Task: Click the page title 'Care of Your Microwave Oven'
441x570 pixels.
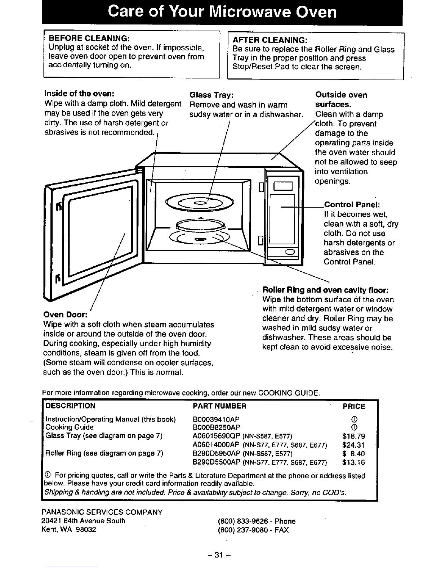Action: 222,12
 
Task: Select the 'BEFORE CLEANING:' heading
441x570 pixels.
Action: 89,39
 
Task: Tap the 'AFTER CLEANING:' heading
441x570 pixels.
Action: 270,40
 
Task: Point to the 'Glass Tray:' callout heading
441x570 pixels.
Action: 212,95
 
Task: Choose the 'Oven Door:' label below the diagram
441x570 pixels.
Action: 65,315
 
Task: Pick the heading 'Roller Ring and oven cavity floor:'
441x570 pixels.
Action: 325,290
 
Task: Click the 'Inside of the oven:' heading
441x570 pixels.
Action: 79,94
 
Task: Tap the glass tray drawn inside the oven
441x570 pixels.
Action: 199,205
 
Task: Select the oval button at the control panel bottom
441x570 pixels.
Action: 290,252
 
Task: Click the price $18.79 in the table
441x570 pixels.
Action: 353,436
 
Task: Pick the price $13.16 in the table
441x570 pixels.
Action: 353,462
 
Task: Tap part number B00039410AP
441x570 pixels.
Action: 216,419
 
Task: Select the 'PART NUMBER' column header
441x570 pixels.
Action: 220,406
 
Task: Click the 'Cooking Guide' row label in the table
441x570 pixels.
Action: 70,427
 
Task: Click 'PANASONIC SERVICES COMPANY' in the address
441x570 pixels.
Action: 102,512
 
